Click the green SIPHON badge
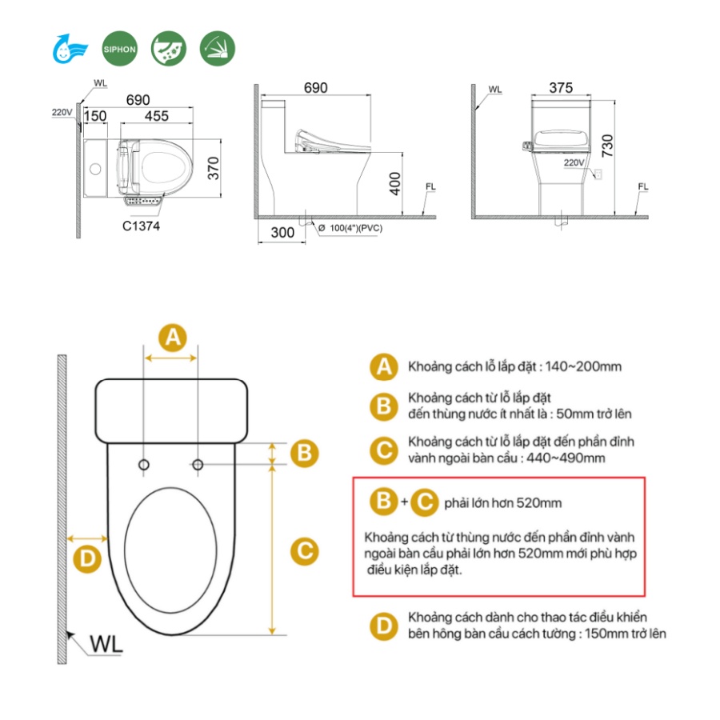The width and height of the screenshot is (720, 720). (119, 49)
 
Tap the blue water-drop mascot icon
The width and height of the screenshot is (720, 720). (70, 49)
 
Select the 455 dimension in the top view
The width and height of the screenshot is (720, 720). (157, 116)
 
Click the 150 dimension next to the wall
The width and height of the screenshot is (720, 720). (95, 116)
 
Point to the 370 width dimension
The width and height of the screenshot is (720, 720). (214, 168)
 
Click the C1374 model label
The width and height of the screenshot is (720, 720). (141, 226)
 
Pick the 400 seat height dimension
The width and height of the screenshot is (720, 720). (395, 184)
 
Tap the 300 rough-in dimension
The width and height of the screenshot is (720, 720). (282, 232)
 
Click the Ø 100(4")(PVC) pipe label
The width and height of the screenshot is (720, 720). (350, 228)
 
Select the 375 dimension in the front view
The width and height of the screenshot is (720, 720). (561, 88)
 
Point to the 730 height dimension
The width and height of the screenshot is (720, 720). (607, 146)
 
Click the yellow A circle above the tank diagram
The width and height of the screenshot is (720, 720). (173, 338)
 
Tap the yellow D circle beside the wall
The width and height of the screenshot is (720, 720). (87, 559)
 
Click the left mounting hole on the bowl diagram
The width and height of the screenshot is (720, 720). (144, 465)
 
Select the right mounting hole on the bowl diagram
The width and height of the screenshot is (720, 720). (198, 465)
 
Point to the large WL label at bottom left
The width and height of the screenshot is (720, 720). (106, 644)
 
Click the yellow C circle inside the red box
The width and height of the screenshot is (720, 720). (424, 502)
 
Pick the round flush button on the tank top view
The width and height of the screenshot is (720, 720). (95, 169)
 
